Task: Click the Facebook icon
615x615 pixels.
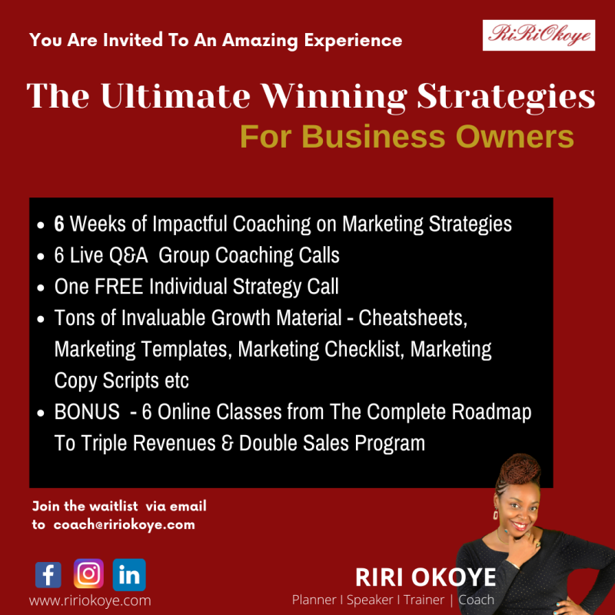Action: pos(48,574)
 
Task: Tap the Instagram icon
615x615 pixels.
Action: pos(88,573)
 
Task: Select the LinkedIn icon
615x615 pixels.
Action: pos(129,574)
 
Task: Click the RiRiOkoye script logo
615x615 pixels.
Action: pos(539,35)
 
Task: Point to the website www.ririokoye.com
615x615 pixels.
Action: pos(90,600)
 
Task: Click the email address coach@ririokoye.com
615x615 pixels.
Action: pos(124,524)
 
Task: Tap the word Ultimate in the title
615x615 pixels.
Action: pos(175,96)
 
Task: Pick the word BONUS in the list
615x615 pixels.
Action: pos(87,412)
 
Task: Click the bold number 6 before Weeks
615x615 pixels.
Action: pos(59,224)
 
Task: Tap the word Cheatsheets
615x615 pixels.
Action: pos(413,318)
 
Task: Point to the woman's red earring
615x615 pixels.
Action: pos(496,514)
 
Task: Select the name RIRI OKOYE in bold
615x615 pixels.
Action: pos(426,577)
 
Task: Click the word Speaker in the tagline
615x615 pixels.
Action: pos(370,600)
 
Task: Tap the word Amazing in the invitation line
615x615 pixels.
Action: pos(260,41)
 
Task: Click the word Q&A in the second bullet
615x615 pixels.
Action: pos(128,255)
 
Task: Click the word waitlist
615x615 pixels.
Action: pos(113,506)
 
